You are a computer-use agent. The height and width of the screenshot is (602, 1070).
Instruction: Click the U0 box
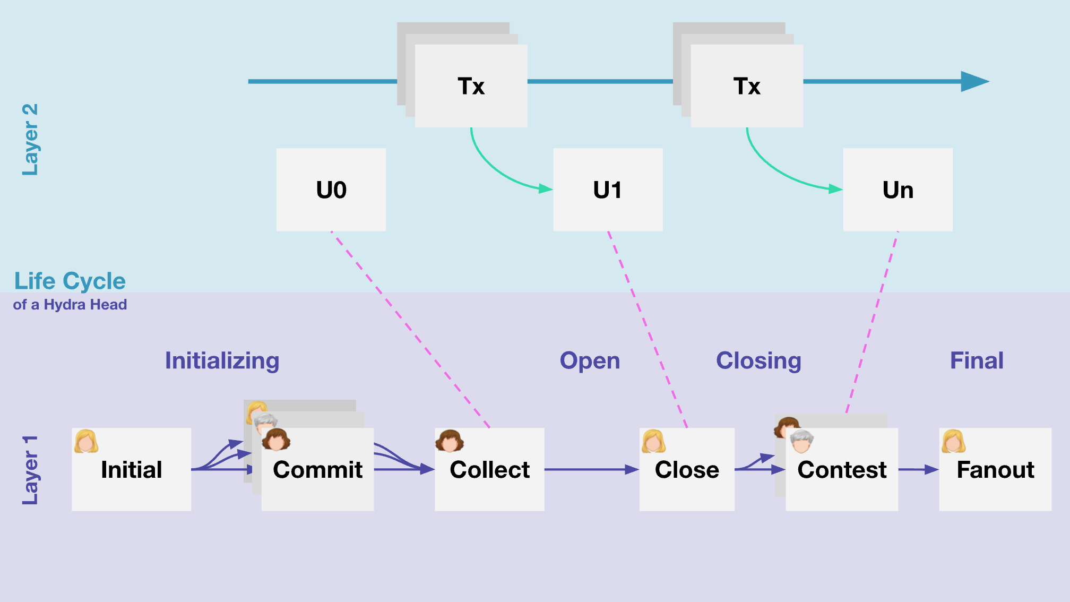331,190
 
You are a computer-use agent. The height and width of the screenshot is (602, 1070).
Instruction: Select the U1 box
608,190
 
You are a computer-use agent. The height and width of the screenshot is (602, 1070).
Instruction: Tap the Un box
898,190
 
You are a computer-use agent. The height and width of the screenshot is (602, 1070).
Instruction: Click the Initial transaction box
131,470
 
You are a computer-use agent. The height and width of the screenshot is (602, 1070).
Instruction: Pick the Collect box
489,470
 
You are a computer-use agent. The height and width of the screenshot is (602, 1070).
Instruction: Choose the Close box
687,470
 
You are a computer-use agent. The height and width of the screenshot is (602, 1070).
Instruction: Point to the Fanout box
995,470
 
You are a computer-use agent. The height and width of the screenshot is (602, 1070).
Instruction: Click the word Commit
317,470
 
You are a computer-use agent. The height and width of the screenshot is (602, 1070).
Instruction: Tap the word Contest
842,470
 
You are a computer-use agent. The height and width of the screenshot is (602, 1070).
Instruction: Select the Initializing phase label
222,361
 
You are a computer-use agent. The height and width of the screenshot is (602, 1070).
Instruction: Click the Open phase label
590,361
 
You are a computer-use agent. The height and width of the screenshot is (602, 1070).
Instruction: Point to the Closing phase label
758,361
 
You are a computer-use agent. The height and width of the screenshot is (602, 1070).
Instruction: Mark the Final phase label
977,361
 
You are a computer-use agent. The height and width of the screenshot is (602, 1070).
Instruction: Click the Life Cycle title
70,281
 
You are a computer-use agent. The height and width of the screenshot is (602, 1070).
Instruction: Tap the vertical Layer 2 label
30,139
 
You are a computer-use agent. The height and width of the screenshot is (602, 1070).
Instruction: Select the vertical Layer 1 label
30,470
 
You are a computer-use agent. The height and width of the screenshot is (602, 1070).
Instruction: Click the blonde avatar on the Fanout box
953,441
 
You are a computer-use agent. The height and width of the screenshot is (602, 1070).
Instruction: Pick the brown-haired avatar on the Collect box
450,441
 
